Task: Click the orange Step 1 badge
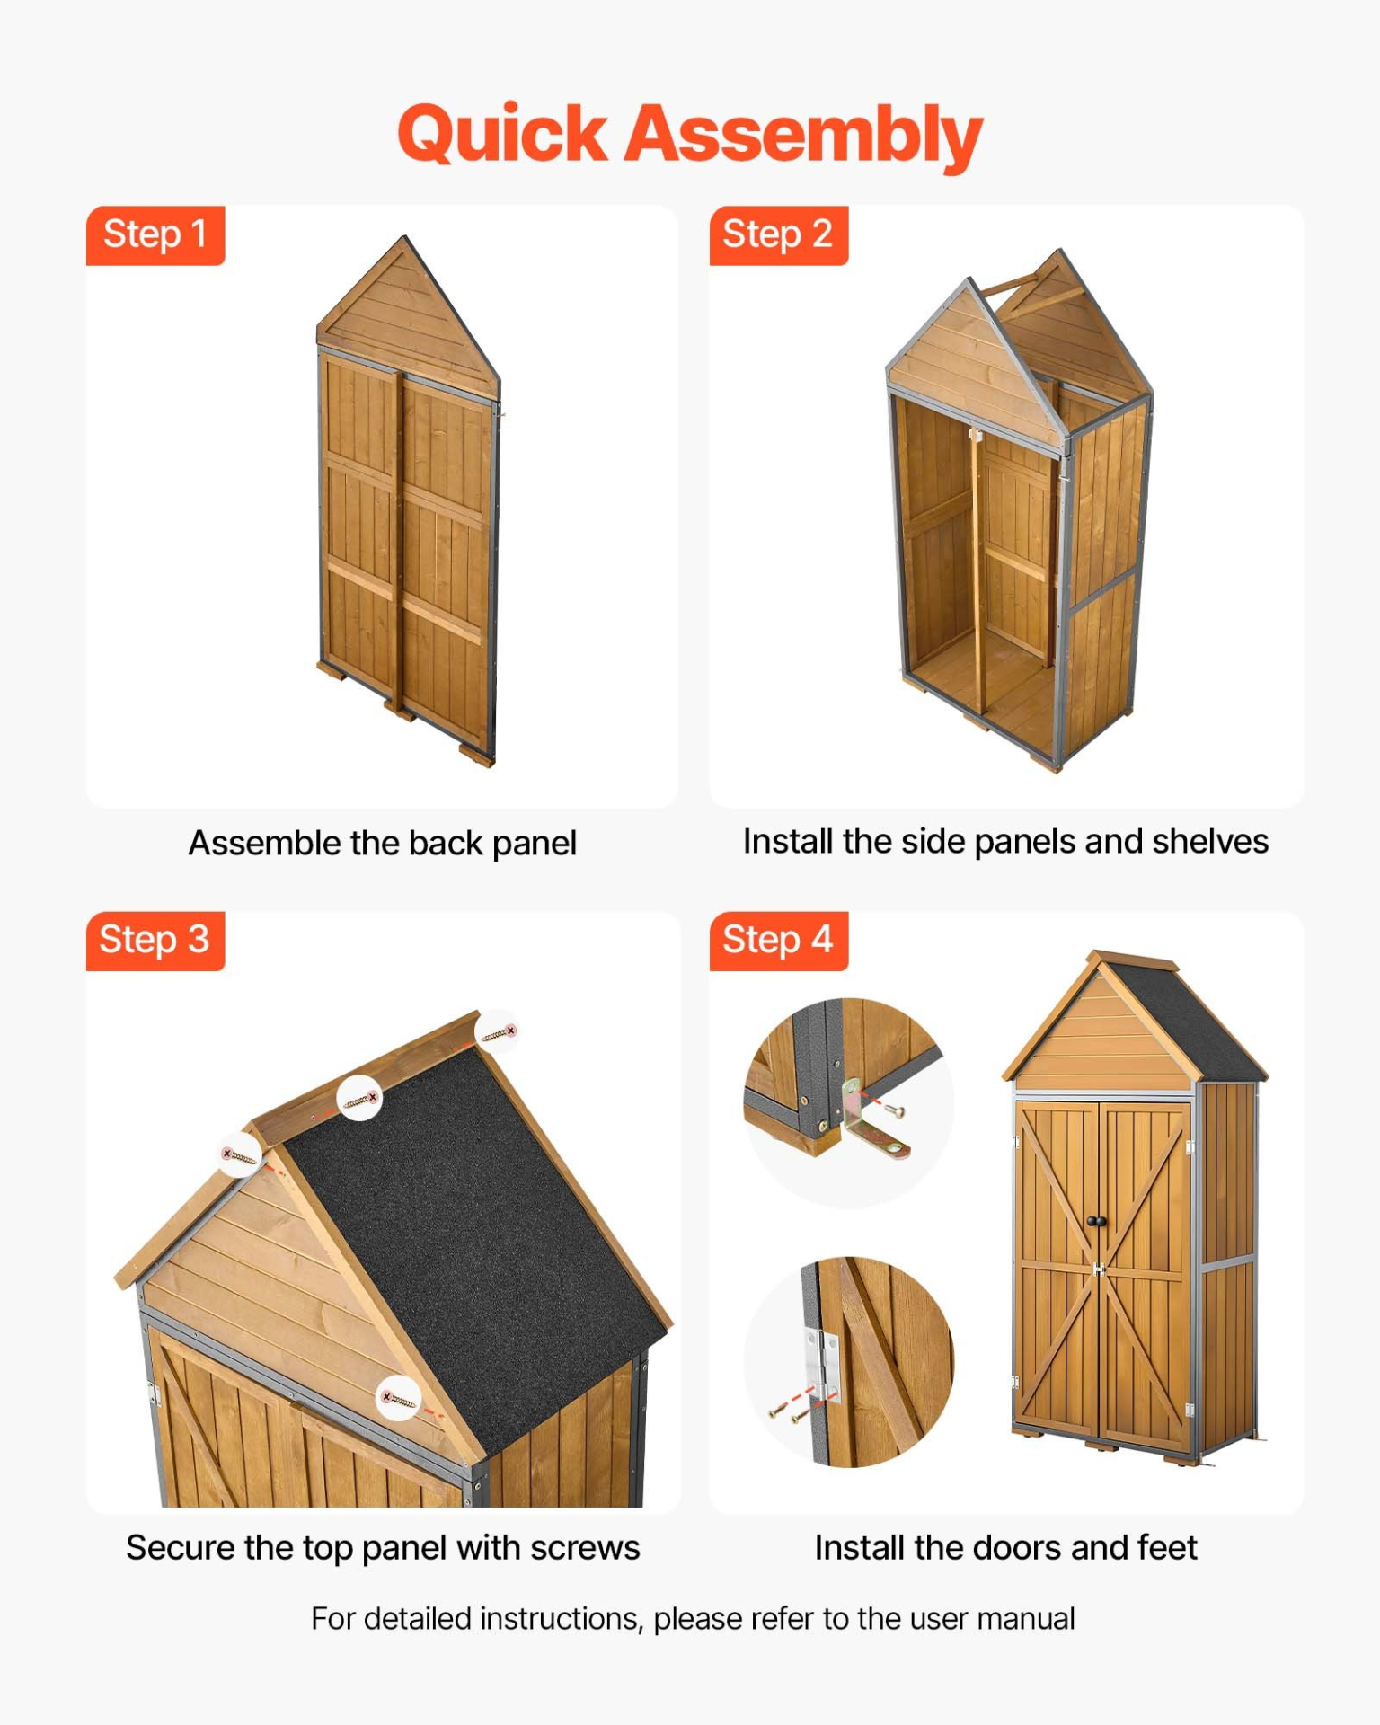point(155,235)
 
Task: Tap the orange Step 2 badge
point(778,235)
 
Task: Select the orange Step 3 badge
point(155,941)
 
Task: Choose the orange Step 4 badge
point(778,941)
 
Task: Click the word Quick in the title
point(503,135)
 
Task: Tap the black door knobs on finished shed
point(1097,1221)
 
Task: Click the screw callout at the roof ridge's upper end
point(499,1031)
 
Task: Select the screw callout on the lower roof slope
point(398,1399)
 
